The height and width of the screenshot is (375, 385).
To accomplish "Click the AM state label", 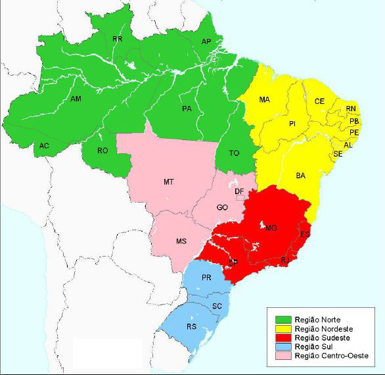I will pos(76,99).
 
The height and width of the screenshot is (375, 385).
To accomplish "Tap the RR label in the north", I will pos(118,39).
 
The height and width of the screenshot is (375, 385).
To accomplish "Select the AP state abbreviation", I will pos(206,41).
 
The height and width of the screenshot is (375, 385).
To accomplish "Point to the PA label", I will pos(187,109).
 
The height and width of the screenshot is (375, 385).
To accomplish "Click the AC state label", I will pos(44,145).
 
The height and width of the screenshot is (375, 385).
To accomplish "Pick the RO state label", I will pos(102,151).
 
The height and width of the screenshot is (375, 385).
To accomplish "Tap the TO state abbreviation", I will pos(233,153).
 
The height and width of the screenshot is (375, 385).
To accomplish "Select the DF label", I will pos(240,191).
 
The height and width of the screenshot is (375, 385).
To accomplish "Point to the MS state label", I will pos(181,241).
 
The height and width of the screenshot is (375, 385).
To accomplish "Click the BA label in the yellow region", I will pos(301,176).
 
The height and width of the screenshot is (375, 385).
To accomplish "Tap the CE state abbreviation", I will pos(319,101).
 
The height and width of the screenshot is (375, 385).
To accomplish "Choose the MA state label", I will pos(264,100).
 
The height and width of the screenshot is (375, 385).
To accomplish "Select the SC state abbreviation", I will pos(217,306).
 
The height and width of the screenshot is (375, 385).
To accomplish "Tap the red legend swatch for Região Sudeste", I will pos(278,337).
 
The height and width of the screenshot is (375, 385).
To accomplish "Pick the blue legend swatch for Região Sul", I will pos(278,347).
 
